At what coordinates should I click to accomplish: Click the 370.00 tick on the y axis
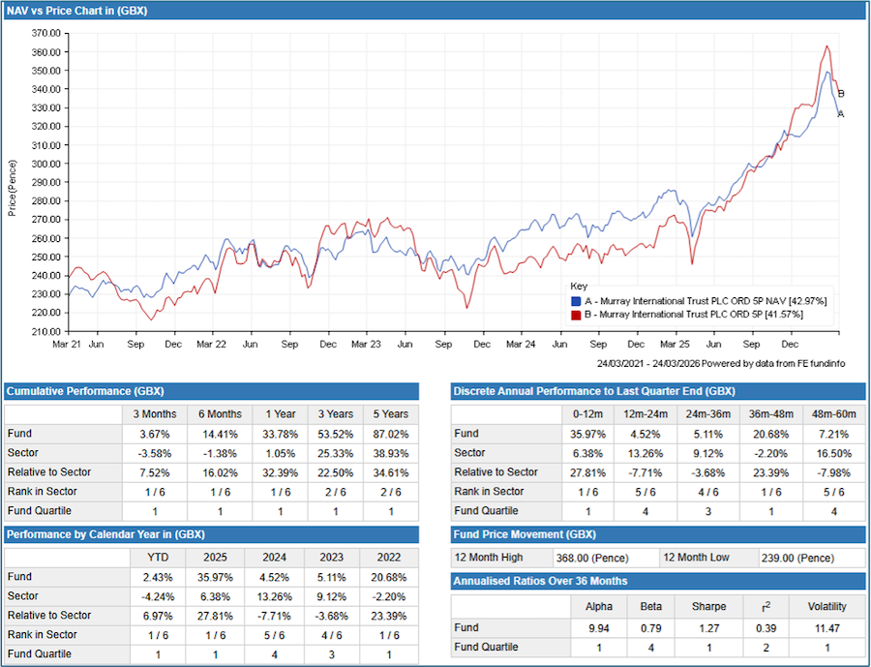[46, 32]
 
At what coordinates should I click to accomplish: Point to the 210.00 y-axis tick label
[46, 331]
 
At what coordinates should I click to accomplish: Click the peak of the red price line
[827, 45]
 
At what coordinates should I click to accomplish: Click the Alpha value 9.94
[598, 627]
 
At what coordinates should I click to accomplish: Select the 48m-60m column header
[841, 413]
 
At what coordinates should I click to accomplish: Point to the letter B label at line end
[841, 94]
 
